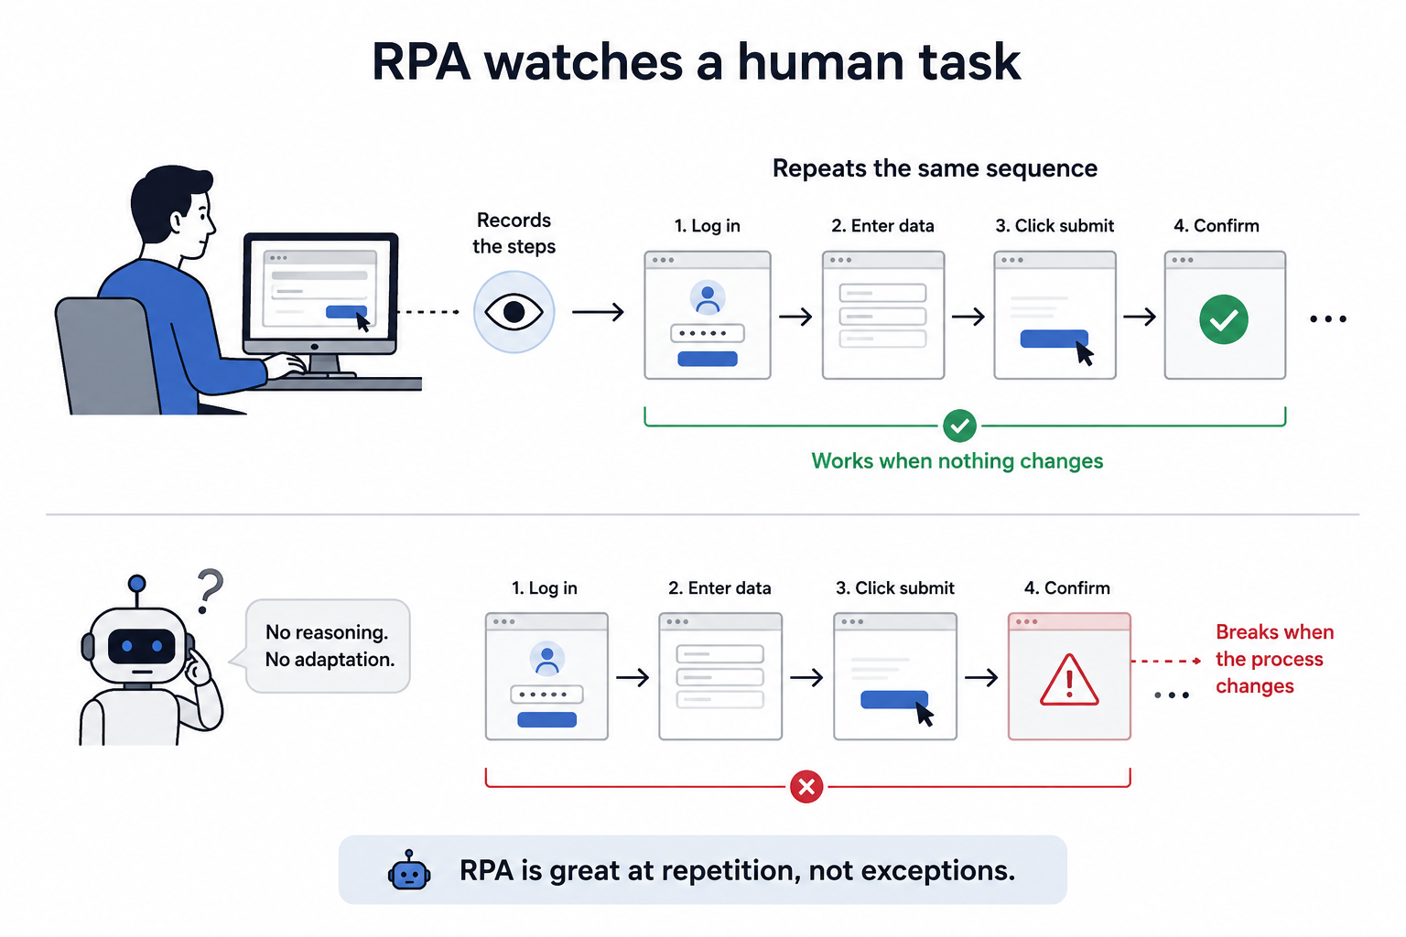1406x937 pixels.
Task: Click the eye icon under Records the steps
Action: tap(514, 312)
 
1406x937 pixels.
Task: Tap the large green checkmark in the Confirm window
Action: tap(1223, 319)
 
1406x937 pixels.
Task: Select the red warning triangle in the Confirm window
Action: tap(1069, 680)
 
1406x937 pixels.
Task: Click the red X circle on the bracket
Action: tap(806, 786)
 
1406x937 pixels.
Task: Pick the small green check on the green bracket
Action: tap(959, 426)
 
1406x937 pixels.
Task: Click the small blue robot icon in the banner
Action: tap(409, 870)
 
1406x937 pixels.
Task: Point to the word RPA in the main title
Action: tap(421, 62)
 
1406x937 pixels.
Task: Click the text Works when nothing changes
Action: tap(957, 461)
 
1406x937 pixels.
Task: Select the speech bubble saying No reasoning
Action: tap(327, 646)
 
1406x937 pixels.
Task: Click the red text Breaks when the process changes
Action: tap(1274, 659)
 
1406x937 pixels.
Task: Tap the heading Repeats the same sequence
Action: tap(935, 168)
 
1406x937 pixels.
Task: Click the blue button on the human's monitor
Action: tap(346, 312)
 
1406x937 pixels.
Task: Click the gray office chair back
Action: tap(107, 355)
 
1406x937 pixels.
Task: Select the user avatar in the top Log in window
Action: tap(708, 297)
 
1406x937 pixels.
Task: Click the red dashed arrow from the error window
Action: tap(1166, 661)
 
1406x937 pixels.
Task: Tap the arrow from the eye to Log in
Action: tap(598, 312)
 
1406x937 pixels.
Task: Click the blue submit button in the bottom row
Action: tap(893, 699)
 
